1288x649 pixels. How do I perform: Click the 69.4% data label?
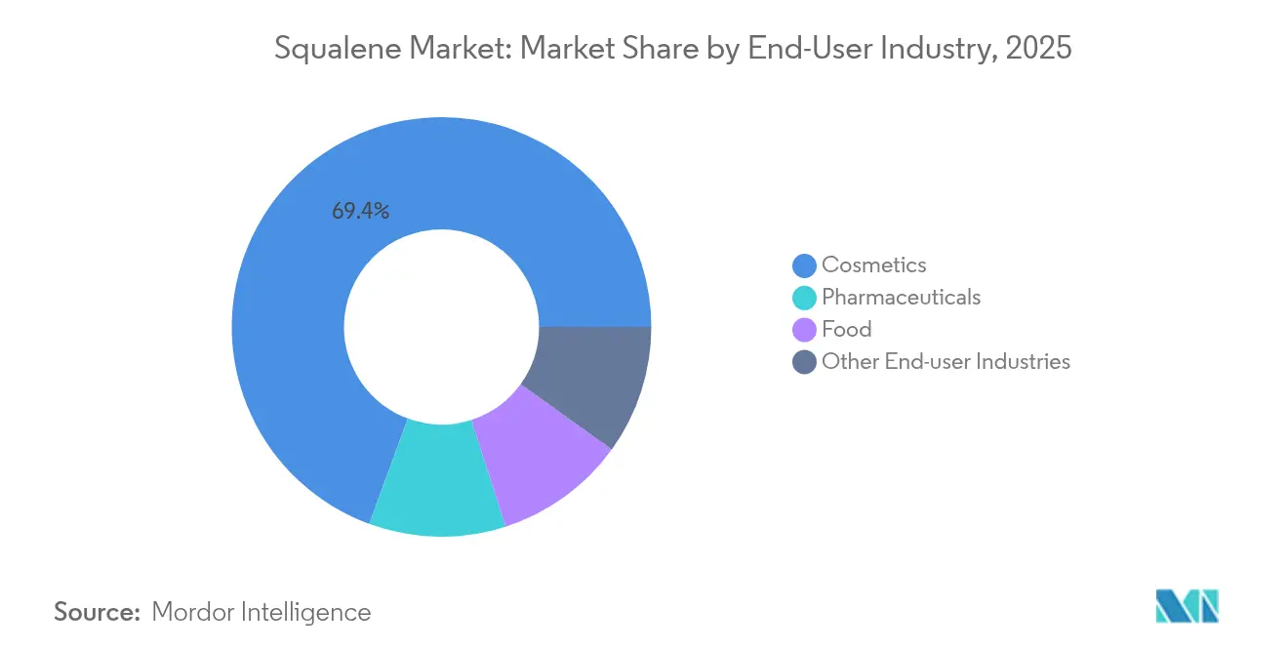pyautogui.click(x=361, y=211)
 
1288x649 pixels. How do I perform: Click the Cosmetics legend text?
pyautogui.click(x=873, y=264)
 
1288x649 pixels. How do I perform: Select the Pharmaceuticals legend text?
pyautogui.click(x=901, y=297)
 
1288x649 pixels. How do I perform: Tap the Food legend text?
pyautogui.click(x=846, y=329)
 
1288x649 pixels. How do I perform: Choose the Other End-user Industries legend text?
pyautogui.click(x=946, y=361)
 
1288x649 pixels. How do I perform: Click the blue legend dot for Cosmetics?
pyautogui.click(x=805, y=265)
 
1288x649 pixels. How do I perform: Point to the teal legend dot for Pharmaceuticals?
pyautogui.click(x=805, y=298)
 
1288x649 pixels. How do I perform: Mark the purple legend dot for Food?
pyautogui.click(x=805, y=330)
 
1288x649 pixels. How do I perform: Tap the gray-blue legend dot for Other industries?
pyautogui.click(x=805, y=362)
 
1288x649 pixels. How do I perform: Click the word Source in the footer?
pyautogui.click(x=97, y=612)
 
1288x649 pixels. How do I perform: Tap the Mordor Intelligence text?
pyautogui.click(x=262, y=612)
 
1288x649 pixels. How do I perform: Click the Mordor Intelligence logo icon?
pyautogui.click(x=1187, y=606)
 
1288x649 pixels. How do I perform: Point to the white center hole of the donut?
pyautogui.click(x=441, y=326)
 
